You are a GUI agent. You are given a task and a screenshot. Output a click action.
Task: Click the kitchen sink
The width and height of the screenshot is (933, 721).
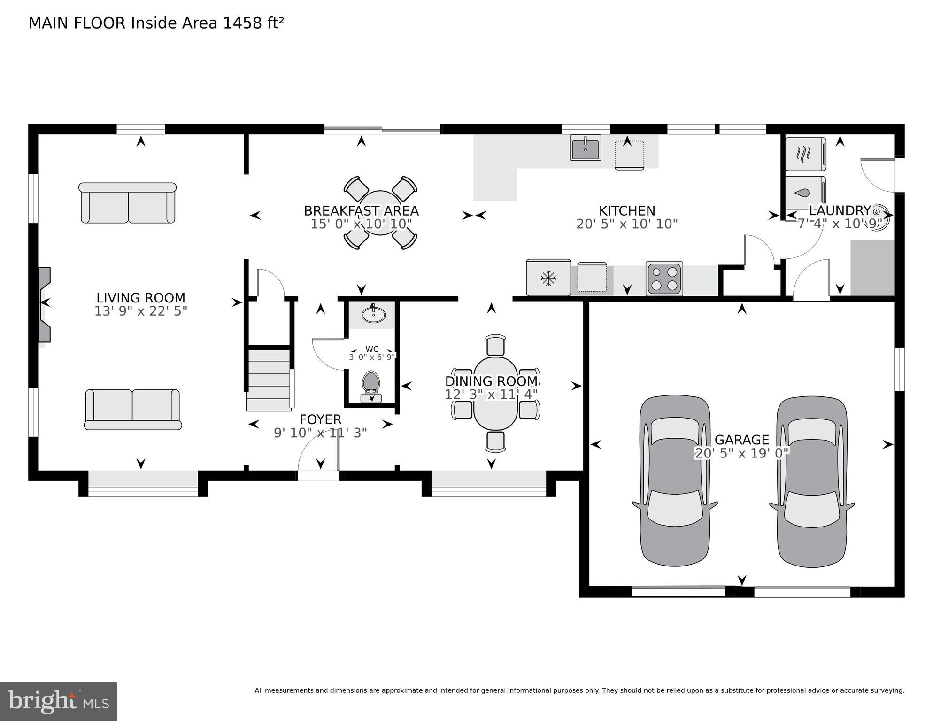point(586,147)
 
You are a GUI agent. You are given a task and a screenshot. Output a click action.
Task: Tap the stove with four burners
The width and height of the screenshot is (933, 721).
point(664,278)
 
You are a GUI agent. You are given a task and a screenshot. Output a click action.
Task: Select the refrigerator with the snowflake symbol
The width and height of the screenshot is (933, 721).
point(548,278)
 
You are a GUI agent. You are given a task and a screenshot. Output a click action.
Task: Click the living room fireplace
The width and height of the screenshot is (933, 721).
point(44,304)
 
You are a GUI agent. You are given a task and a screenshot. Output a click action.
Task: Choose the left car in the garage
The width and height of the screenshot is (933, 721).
point(675,481)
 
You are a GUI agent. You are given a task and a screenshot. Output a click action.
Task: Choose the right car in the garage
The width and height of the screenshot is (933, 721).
point(811,481)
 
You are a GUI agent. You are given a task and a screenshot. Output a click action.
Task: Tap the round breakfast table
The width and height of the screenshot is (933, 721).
point(380,213)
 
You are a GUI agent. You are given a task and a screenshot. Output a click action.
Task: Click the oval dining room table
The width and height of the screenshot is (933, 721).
point(495,394)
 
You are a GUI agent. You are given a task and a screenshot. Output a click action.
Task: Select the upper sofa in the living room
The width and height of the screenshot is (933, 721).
point(128,203)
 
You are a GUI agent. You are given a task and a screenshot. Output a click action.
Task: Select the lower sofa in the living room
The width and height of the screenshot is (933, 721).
point(133,410)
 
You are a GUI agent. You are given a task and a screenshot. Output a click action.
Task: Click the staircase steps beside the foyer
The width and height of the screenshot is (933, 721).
point(268,380)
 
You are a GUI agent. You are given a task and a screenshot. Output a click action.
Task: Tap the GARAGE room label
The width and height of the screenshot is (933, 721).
point(742,440)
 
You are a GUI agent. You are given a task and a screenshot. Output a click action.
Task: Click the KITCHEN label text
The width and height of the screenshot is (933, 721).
point(627,210)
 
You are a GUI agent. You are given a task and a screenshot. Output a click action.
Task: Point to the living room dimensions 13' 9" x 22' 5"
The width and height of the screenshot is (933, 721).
point(141,311)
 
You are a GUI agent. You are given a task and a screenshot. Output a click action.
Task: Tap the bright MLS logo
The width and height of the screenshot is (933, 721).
point(58,702)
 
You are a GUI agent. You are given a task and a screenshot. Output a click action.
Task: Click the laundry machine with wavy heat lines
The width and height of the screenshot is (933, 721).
point(806,154)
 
